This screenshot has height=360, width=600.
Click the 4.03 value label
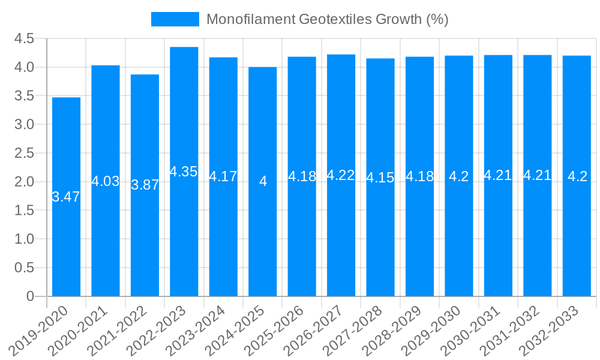click(106, 181)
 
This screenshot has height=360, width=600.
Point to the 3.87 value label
click(145, 185)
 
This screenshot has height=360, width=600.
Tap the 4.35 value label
click(184, 172)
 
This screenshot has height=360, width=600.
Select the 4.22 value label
click(341, 175)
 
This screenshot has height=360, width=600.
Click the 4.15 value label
click(380, 178)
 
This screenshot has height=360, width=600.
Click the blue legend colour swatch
click(175, 19)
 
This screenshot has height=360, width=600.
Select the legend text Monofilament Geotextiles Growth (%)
click(328, 19)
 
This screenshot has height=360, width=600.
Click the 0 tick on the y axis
click(30, 296)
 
